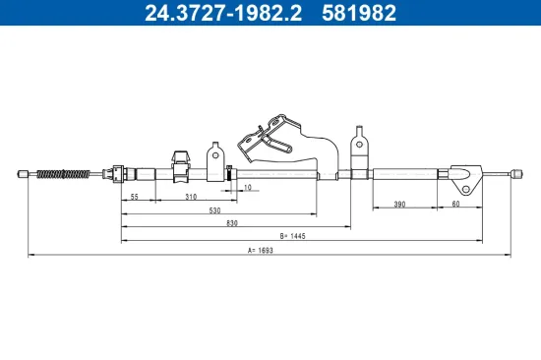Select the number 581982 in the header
[359, 14]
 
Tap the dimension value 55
[133, 197]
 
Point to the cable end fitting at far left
[23, 175]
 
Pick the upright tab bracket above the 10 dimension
[216, 157]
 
